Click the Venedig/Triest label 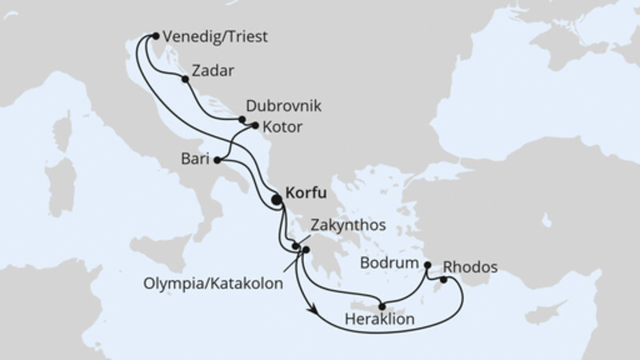coord(214,37)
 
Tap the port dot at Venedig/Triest coord(155,35)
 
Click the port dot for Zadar coord(186,79)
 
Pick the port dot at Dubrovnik coord(242,119)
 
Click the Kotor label coord(282,126)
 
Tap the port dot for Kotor coord(255,126)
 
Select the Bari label coord(193,160)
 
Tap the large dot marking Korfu coord(277,201)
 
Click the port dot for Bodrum coord(427,264)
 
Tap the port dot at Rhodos coord(443,280)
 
